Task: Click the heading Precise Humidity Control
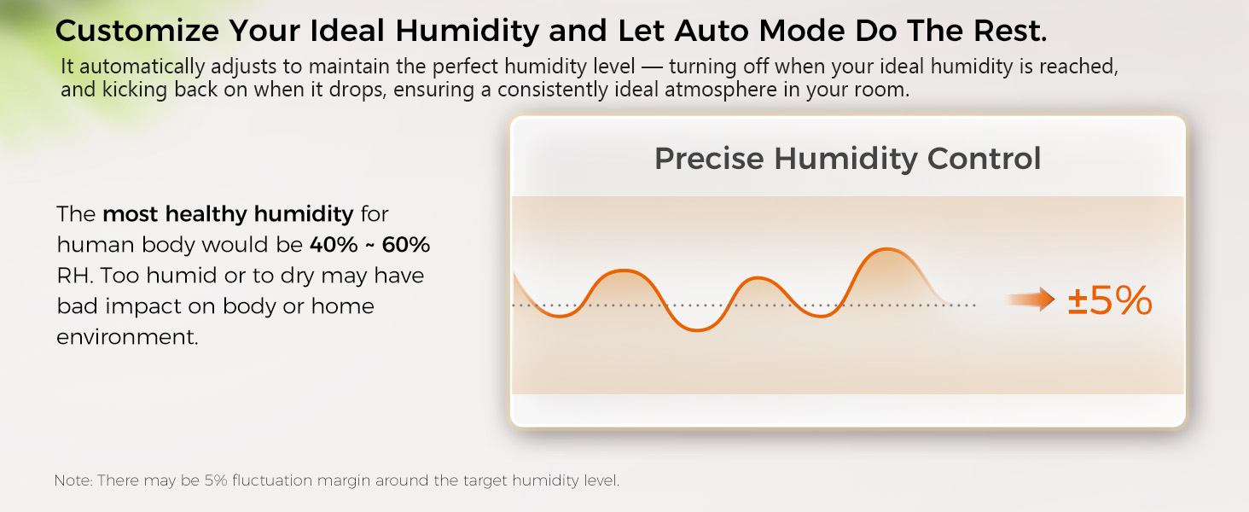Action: click(x=847, y=159)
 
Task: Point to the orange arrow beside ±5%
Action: click(x=1031, y=300)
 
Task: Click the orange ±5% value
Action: click(x=1110, y=302)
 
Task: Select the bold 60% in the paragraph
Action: click(x=406, y=245)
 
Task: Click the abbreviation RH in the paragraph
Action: click(x=71, y=276)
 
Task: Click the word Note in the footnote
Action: click(x=73, y=480)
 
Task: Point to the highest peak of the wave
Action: click(x=887, y=249)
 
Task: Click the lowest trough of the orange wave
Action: click(x=698, y=330)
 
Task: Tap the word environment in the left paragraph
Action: click(x=127, y=337)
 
